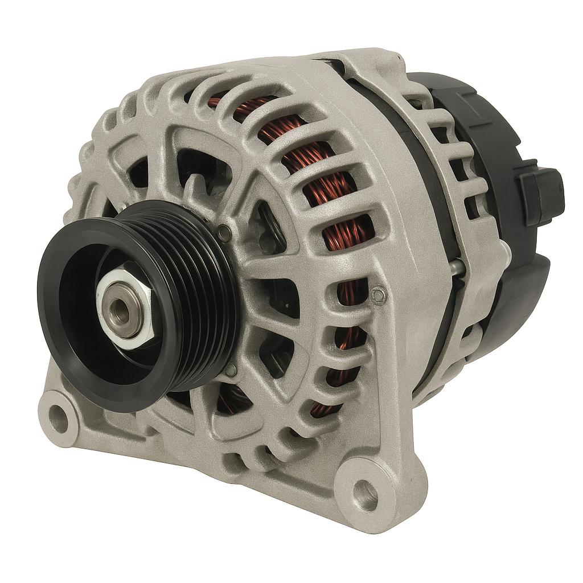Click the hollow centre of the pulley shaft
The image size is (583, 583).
[121, 310]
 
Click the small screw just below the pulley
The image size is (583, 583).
[230, 370]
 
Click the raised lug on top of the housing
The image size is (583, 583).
[364, 60]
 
